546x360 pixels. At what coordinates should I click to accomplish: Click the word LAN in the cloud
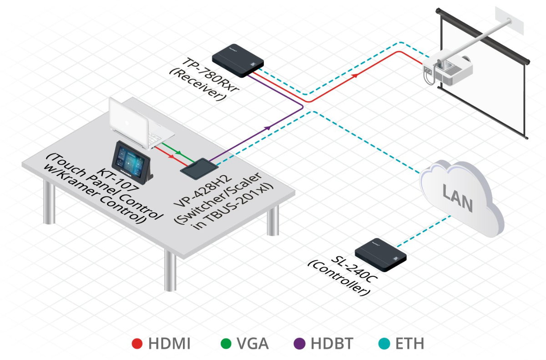point(457,199)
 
